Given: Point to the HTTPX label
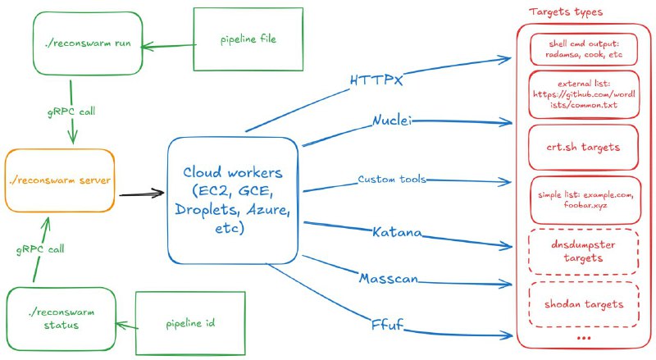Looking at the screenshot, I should click(377, 81).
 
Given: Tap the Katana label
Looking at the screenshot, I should click(397, 233).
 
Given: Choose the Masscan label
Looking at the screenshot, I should click(389, 279).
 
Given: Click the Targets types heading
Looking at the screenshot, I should click(567, 13).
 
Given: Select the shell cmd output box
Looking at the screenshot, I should click(584, 48).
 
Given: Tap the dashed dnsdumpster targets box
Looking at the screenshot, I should click(584, 251).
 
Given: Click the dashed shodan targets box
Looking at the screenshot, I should click(584, 304).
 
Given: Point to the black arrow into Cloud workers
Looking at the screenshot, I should click(142, 195).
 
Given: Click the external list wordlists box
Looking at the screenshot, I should click(584, 95).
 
